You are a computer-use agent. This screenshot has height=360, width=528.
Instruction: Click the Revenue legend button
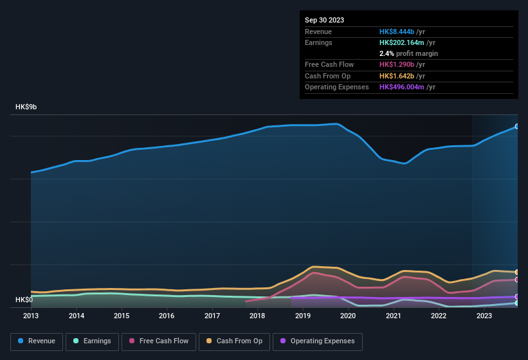[37, 341]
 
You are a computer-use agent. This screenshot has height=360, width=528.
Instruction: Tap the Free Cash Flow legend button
[159, 341]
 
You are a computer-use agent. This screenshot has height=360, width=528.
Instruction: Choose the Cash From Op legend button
[235, 341]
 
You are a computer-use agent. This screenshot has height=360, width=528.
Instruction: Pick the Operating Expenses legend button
[318, 341]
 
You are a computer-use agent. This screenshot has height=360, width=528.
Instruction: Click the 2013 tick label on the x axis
[31, 316]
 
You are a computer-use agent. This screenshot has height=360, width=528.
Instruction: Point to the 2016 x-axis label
[167, 316]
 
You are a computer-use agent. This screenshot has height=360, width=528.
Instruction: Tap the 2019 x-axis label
[302, 316]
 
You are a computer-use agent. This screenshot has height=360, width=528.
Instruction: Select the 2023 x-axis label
[484, 316]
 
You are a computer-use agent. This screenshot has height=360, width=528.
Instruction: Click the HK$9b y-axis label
[26, 107]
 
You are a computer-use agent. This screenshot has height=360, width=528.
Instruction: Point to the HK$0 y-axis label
[24, 300]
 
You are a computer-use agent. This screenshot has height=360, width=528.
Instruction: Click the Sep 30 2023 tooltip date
[324, 20]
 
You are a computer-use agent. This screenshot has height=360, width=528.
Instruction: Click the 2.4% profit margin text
[408, 53]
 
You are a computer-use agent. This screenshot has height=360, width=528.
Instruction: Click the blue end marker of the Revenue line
[517, 127]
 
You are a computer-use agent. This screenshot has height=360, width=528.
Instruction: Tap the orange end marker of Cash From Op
[517, 273]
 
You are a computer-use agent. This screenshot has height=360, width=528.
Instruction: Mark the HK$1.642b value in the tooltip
[397, 76]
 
